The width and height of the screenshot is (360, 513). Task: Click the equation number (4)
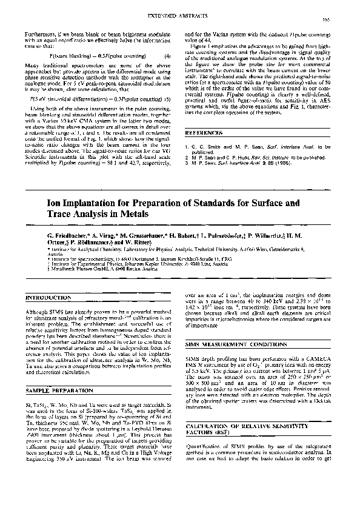[x=175, y=56]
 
